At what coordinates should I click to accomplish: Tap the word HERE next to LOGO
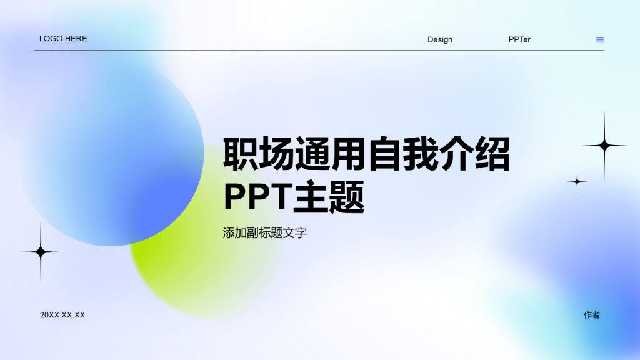pyautogui.click(x=76, y=39)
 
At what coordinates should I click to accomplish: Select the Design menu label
pyautogui.click(x=440, y=40)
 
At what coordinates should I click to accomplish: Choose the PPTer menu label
pyautogui.click(x=519, y=40)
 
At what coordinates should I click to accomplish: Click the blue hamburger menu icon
pyautogui.click(x=600, y=40)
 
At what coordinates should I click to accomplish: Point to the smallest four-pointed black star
pyautogui.click(x=577, y=181)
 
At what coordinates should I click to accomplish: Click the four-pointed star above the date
pyautogui.click(x=41, y=252)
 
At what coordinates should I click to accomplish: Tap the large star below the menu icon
pyautogui.click(x=604, y=146)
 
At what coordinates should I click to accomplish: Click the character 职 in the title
pyautogui.click(x=241, y=154)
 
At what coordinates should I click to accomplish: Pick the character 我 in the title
pyautogui.click(x=421, y=154)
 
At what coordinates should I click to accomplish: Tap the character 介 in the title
pyautogui.click(x=457, y=154)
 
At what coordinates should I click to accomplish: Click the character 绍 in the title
pyautogui.click(x=492, y=154)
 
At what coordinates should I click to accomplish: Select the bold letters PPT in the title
pyautogui.click(x=258, y=196)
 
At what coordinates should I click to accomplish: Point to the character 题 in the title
pyautogui.click(x=347, y=196)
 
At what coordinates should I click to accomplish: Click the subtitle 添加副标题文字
pyautogui.click(x=265, y=233)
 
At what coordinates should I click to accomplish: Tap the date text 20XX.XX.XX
pyautogui.click(x=62, y=315)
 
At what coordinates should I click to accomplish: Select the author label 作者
pyautogui.click(x=592, y=315)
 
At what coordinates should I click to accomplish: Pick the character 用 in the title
pyautogui.click(x=349, y=154)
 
